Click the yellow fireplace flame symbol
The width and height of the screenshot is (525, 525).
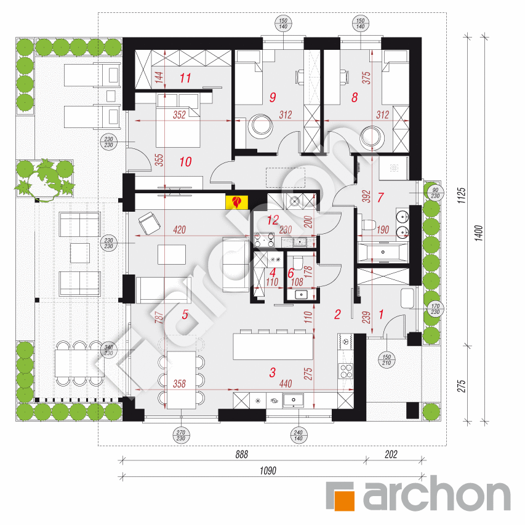237,202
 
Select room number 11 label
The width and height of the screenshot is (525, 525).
185,78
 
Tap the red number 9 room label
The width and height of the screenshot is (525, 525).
273,97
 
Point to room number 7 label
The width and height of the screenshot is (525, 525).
380,198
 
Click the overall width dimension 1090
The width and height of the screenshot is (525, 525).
268,471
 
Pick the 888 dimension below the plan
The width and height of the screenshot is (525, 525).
241,454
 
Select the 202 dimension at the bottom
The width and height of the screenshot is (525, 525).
391,454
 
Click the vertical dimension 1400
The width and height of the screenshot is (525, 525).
479,233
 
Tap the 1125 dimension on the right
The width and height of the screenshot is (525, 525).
462,196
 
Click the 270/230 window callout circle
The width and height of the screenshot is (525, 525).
181,435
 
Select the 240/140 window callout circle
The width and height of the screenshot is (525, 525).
299,435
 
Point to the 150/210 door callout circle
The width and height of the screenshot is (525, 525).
387,360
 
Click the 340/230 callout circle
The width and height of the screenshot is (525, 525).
109,350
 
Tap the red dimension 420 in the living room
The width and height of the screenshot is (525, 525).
180,230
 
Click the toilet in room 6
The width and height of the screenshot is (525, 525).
297,262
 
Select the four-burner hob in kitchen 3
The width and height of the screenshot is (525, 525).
347,371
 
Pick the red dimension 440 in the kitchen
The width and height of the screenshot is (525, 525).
286,383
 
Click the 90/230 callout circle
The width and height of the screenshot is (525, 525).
435,193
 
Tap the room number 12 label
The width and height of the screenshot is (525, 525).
273,220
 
